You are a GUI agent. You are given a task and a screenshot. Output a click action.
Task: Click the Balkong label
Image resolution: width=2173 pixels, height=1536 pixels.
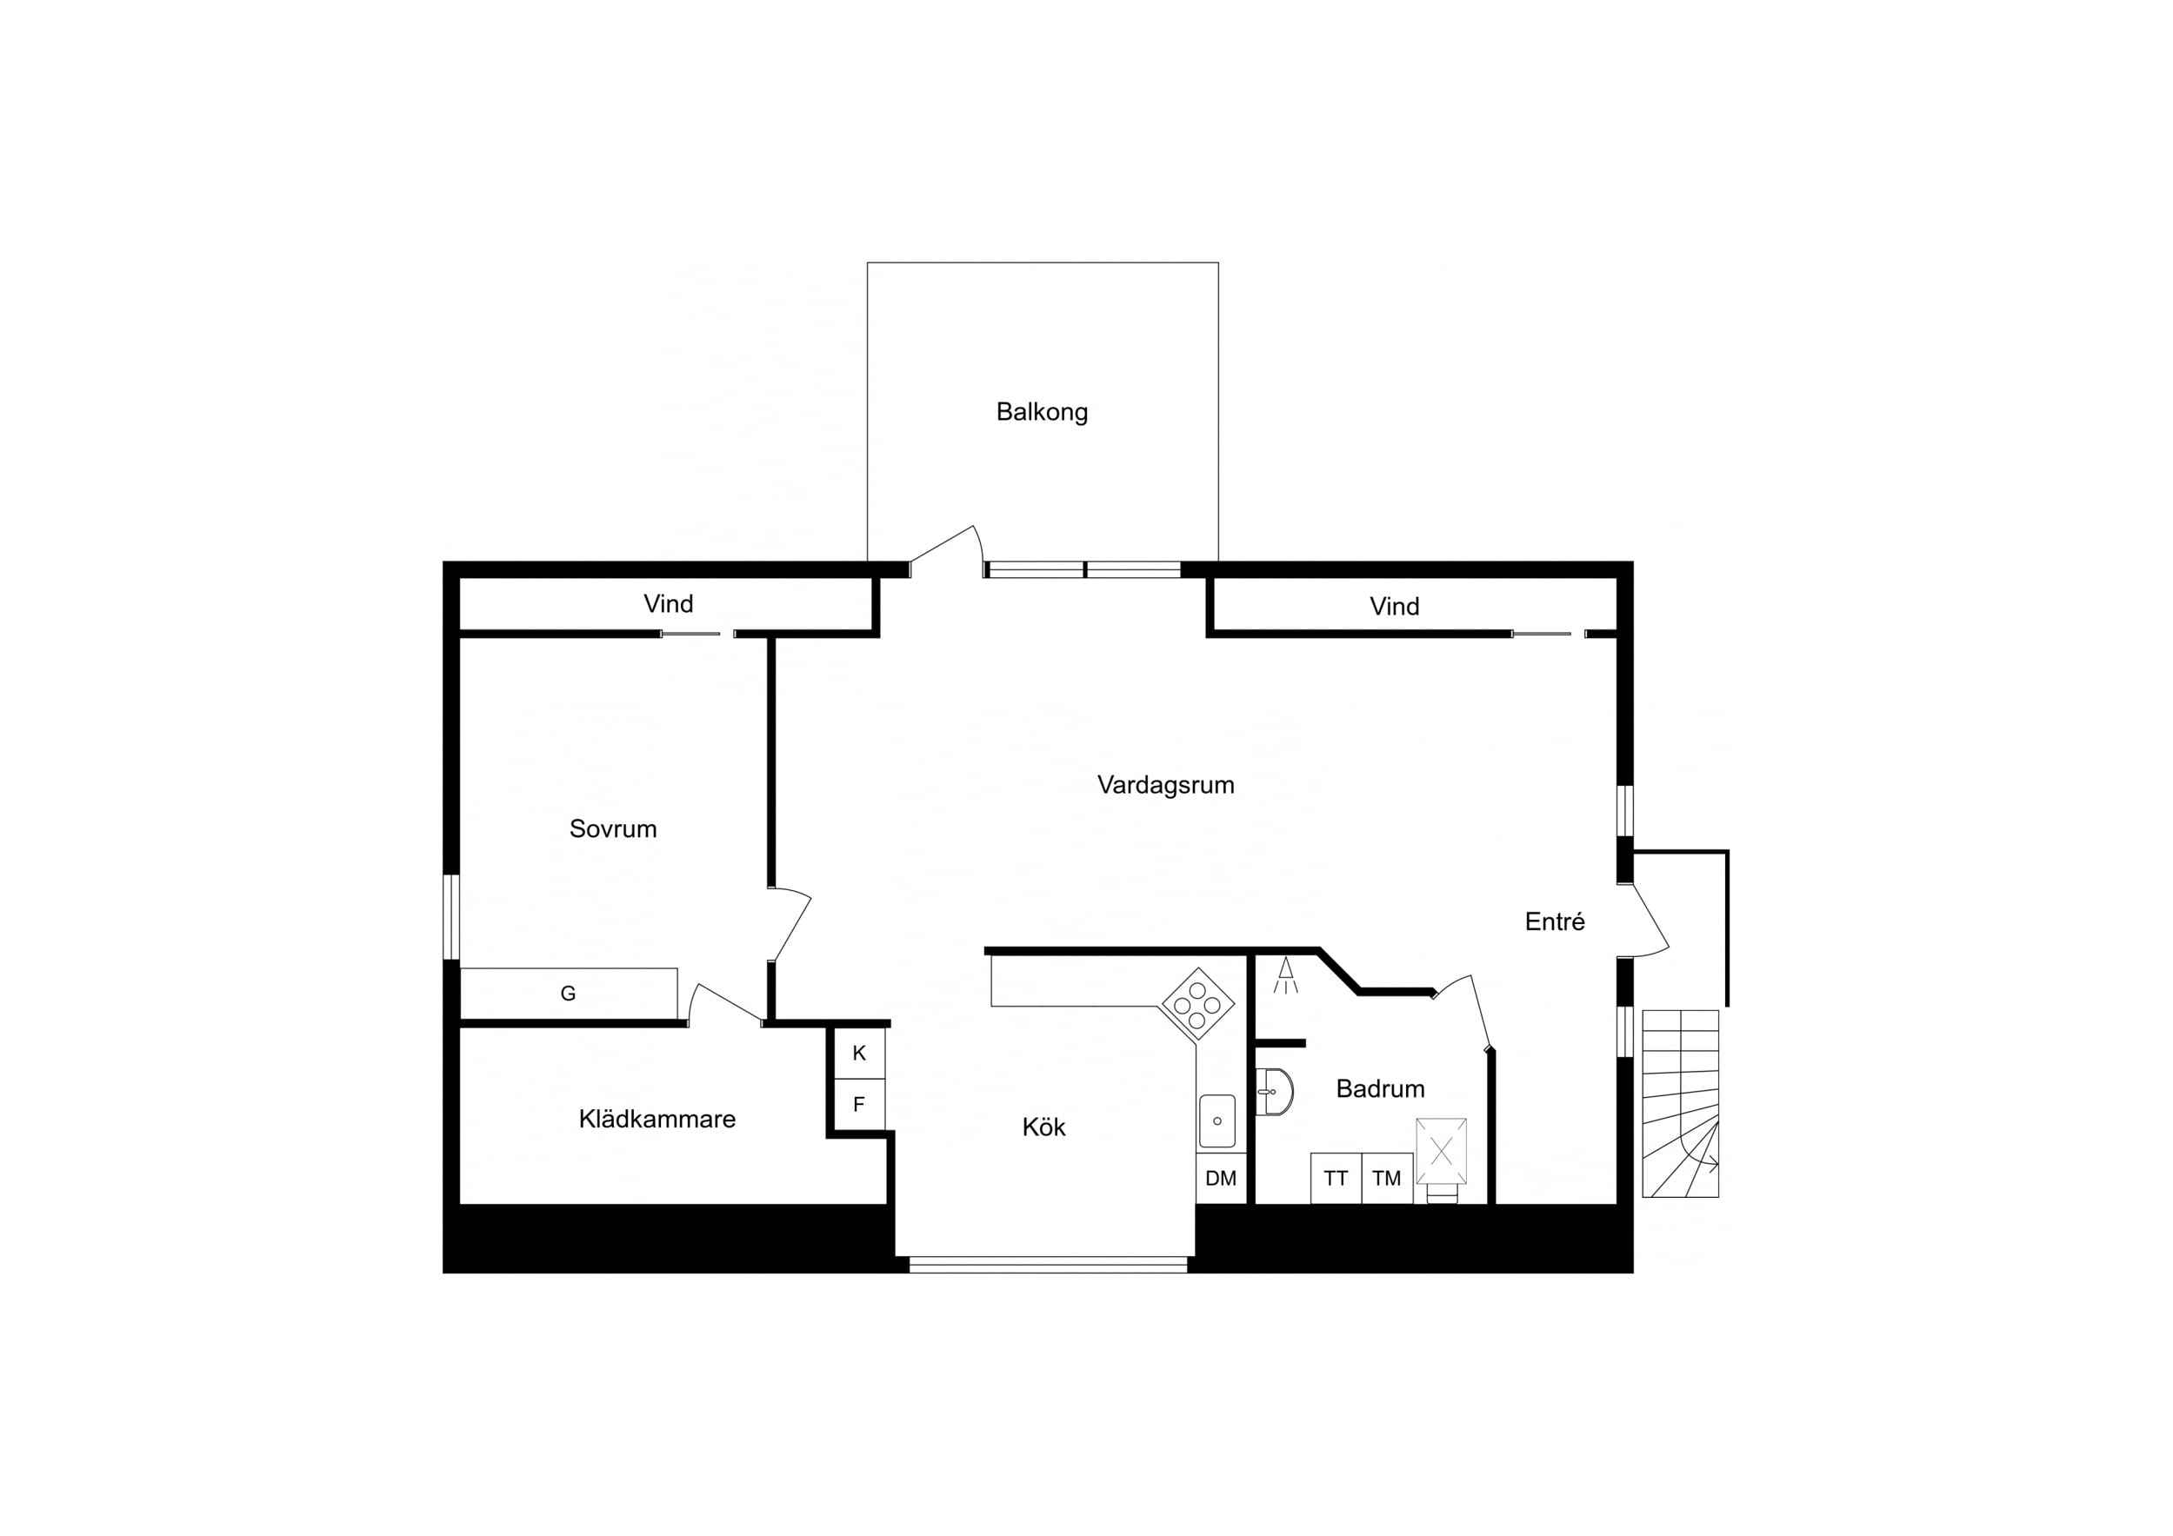(1042, 413)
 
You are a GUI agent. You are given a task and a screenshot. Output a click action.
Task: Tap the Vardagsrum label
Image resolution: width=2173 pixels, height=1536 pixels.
(1165, 786)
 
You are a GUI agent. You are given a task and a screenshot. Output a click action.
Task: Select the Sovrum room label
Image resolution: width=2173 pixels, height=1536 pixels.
(612, 829)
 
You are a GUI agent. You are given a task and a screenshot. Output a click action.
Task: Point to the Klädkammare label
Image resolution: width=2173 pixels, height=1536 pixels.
(657, 1120)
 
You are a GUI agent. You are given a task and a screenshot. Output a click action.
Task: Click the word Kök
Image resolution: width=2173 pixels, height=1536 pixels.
(1044, 1127)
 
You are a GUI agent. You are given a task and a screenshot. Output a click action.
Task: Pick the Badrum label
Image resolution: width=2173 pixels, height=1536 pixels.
(1380, 1089)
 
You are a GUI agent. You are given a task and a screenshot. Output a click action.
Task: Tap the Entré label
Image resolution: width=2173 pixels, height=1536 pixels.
(1554, 921)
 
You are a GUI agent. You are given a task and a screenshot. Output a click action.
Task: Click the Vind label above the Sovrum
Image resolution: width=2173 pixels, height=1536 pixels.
(668, 604)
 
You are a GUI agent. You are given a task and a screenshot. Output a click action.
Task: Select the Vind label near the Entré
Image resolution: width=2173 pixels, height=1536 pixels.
(1394, 607)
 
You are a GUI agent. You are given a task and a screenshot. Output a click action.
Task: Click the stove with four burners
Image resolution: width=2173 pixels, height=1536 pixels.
(1197, 1004)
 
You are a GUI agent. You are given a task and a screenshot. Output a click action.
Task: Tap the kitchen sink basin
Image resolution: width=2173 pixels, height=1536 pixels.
(1217, 1121)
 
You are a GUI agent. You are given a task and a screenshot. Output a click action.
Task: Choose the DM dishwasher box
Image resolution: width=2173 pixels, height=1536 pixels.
(1221, 1178)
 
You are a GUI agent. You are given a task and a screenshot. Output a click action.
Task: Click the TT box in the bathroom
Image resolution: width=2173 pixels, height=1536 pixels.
(1336, 1178)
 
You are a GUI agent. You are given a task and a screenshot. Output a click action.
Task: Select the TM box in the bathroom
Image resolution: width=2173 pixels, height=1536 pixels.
(1387, 1178)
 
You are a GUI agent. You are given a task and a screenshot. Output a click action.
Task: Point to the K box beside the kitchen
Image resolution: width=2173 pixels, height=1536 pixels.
(859, 1054)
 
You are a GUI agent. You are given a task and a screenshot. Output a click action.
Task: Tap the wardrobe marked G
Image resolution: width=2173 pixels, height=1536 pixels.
(569, 994)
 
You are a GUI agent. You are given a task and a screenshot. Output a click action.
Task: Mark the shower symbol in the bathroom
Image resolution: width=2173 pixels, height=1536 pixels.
(1285, 975)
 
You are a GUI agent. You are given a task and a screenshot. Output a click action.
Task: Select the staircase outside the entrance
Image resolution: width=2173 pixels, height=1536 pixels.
(1680, 1103)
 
